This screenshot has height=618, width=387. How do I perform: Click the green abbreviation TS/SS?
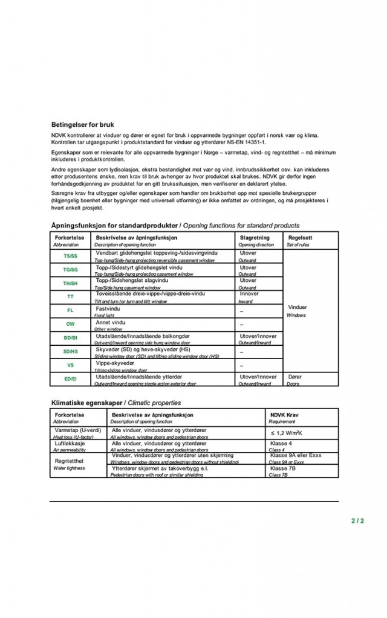(70, 256)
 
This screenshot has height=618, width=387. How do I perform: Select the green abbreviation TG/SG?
(70, 270)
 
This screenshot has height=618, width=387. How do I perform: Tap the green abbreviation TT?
(70, 297)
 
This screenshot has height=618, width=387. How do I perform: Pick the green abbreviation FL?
(70, 311)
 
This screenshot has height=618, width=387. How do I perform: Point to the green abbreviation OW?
(70, 325)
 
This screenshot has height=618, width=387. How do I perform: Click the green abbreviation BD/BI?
(70, 338)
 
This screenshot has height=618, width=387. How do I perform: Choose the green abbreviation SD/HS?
(70, 351)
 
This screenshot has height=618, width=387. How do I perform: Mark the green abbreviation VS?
(70, 365)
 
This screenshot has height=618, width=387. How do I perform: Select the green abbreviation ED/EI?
(70, 379)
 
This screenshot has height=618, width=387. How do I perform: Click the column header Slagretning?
(254, 238)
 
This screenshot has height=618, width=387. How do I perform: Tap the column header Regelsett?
(300, 238)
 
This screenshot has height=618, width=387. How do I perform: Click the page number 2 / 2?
(357, 520)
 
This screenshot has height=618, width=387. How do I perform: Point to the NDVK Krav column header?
(284, 415)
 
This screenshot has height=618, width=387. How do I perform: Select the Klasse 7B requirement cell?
(282, 468)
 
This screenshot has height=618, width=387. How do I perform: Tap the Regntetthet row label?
(68, 460)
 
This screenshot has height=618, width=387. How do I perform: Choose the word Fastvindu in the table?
(108, 308)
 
